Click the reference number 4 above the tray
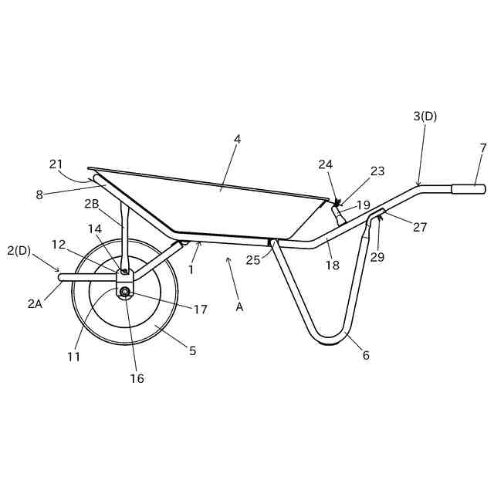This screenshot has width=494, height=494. coord(238,140)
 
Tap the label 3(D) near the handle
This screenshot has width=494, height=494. coord(425,117)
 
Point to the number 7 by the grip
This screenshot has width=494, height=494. coord(483,147)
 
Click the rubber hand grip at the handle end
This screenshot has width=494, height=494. coord(469,188)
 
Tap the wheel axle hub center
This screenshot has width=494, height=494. coord(125,290)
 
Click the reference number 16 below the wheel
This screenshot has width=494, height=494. coord(137,378)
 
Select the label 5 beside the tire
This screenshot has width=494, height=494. coord(192,350)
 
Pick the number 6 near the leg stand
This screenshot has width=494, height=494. coord(366,355)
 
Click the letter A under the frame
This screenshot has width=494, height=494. coord(240,306)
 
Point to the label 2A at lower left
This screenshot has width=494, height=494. coord(34,303)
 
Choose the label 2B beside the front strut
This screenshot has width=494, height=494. coord(92,205)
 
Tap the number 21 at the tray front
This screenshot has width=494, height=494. coord(56,164)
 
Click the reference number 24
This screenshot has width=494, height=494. coord(326,164)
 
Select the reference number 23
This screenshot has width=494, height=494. coord(377,171)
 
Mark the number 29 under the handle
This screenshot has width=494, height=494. coord(377,257)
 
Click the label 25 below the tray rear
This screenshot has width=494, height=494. coord(253,260)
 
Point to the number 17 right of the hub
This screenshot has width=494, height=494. coord(201,310)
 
